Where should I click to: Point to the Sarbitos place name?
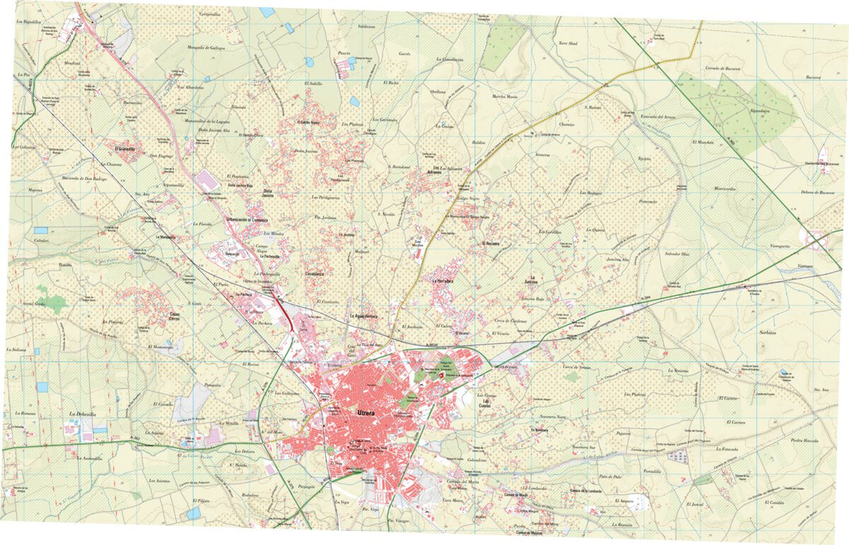pos(768,331)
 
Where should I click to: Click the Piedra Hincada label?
pos(804,440)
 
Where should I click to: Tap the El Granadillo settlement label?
pos(120,150)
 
